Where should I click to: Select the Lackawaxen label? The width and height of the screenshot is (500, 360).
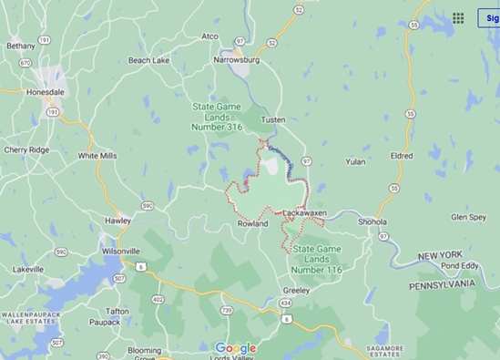point(304,212)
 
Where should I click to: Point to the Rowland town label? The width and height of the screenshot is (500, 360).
point(252,223)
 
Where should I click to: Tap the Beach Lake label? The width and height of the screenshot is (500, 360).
point(151,60)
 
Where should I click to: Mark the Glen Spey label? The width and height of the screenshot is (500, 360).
point(468,218)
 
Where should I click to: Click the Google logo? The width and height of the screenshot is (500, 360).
point(236,347)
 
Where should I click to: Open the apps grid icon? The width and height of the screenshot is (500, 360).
point(458,17)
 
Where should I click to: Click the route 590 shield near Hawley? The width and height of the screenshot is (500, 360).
point(148,206)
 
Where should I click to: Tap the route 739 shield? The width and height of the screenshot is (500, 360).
point(227,312)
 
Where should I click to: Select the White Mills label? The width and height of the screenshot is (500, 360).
point(97,156)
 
